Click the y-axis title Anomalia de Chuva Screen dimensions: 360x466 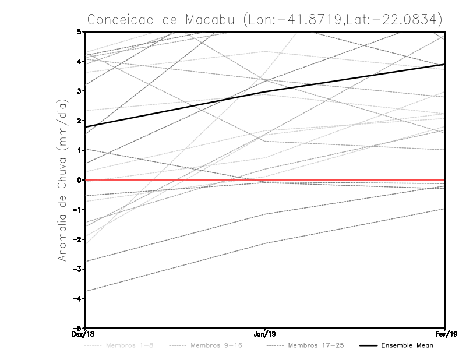[65, 180]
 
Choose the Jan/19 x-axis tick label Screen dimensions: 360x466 [265, 334]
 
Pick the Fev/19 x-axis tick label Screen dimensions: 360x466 [445, 334]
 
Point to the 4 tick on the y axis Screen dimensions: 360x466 [79, 61]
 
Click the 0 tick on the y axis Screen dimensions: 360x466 [79, 180]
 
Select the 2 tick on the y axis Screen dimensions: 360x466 [79, 121]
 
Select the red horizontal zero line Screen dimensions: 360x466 [349, 180]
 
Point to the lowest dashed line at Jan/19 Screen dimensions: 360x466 [265, 243]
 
